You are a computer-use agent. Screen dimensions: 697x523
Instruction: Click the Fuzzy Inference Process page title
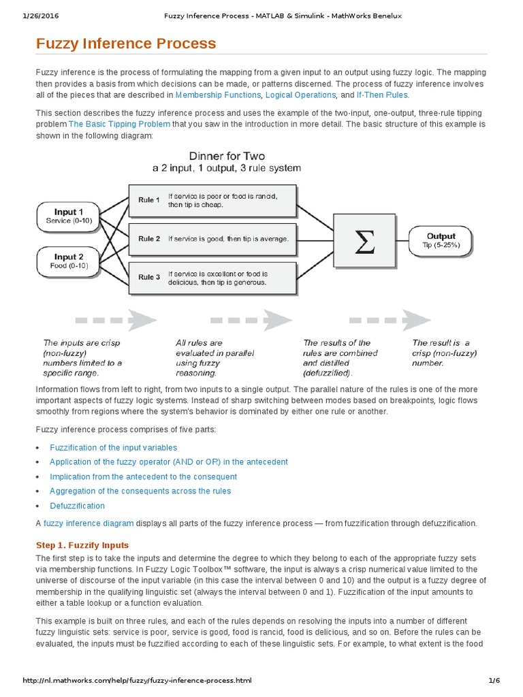point(126,44)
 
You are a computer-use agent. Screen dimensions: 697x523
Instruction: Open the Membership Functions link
point(218,95)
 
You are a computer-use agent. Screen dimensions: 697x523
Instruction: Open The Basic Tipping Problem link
point(118,124)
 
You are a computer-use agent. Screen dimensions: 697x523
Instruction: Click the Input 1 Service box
point(65,216)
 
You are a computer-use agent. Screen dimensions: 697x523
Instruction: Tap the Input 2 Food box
point(65,261)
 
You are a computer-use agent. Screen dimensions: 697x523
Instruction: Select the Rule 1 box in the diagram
point(213,200)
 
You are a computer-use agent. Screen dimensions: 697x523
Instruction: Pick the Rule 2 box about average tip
point(213,239)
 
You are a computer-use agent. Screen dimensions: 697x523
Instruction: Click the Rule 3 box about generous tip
point(213,278)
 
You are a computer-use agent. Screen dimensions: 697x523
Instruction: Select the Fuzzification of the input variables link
point(113,447)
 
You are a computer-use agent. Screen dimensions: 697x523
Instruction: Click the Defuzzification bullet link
point(77,506)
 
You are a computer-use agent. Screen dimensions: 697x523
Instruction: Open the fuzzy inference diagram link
point(89,523)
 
